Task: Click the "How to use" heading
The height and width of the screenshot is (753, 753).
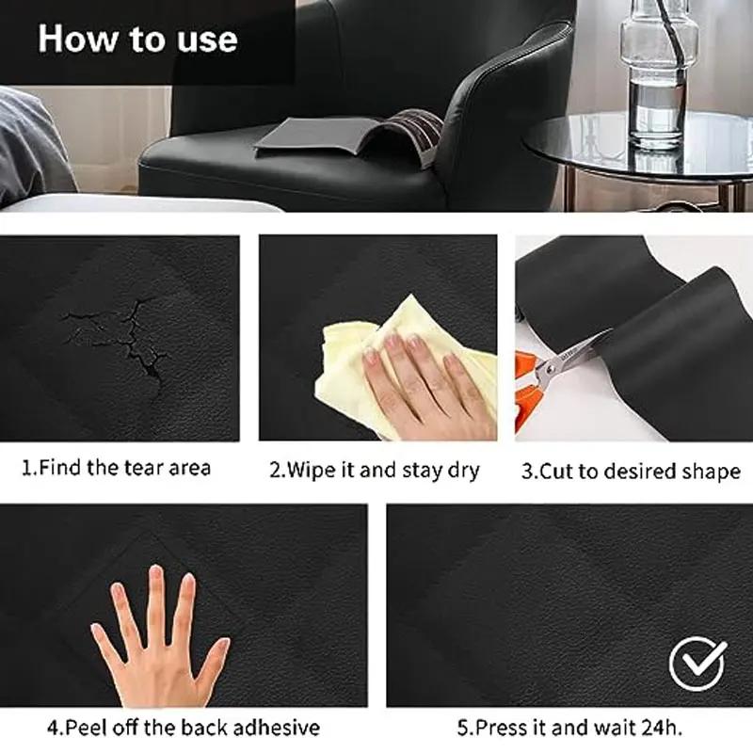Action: pyautogui.click(x=137, y=40)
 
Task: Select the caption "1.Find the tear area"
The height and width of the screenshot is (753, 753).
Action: pyautogui.click(x=117, y=468)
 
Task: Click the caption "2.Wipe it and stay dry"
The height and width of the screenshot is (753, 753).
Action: pyautogui.click(x=375, y=470)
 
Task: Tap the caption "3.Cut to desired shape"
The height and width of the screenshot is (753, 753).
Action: pyautogui.click(x=631, y=471)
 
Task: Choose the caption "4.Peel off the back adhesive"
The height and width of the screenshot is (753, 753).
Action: pyautogui.click(x=184, y=728)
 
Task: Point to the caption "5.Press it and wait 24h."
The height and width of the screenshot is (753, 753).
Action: pyautogui.click(x=569, y=728)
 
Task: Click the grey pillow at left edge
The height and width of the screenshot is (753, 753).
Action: pyautogui.click(x=33, y=141)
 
